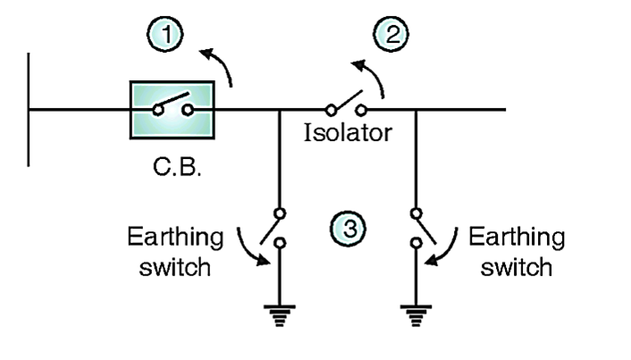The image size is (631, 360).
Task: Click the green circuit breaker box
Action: [172, 109]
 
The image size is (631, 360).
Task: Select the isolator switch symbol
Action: [346, 104]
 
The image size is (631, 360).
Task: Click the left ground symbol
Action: [280, 314]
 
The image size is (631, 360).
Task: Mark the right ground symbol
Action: [416, 314]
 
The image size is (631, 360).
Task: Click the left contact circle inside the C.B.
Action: [156, 111]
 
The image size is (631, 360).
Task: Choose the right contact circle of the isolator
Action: [362, 111]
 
